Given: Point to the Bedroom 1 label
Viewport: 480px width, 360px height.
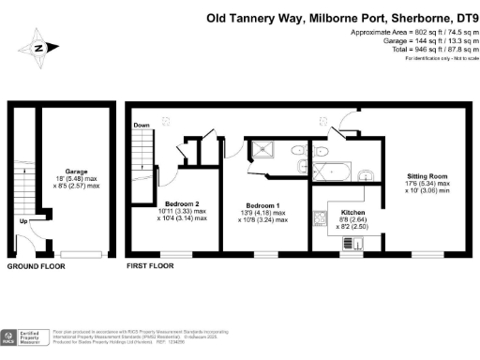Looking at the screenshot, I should point(262,205).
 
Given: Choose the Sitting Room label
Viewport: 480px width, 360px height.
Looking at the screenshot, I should point(427,175).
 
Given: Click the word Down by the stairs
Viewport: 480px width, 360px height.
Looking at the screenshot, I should point(142,125).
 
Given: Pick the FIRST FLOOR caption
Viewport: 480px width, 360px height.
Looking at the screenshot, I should point(150,267).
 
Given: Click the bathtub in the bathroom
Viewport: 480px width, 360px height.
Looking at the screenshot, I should point(336,171).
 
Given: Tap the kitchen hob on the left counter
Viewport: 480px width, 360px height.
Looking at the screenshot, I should point(320,220).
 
